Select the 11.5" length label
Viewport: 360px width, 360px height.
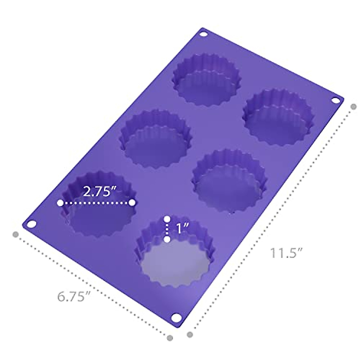pyautogui.click(x=286, y=253)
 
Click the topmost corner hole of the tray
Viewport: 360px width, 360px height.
pyautogui.click(x=204, y=34)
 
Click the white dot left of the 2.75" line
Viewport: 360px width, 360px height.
pyautogui.click(x=60, y=203)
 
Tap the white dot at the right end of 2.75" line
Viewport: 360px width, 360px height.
pyautogui.click(x=132, y=203)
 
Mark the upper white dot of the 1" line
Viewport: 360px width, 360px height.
pyautogui.click(x=167, y=218)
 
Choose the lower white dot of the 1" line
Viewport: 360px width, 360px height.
pyautogui.click(x=167, y=239)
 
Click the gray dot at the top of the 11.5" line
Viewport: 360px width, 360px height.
pyautogui.click(x=354, y=106)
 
